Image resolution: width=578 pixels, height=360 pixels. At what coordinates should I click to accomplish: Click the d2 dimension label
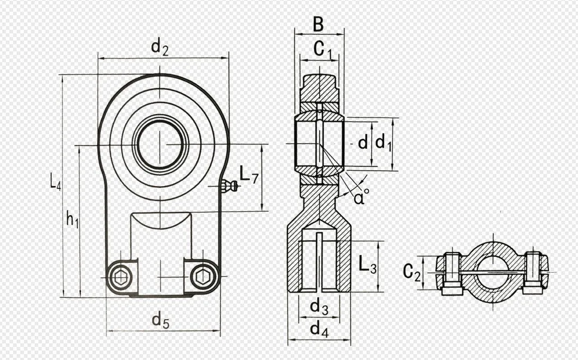tap(159, 48)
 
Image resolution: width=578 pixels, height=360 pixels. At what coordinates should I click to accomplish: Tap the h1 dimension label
tap(73, 219)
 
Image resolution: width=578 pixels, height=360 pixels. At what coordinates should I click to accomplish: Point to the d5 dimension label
tap(160, 322)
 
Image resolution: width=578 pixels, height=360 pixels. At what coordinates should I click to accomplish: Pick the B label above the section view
tap(318, 25)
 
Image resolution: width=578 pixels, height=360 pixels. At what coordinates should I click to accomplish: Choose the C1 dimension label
tap(323, 50)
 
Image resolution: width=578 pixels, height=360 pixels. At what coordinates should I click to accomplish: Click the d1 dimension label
tap(384, 143)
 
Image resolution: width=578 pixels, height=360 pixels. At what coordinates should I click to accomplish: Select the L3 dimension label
tap(367, 267)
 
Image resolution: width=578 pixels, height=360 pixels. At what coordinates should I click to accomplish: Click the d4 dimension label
tap(319, 329)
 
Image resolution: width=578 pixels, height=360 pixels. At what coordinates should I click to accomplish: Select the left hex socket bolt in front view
tap(120, 277)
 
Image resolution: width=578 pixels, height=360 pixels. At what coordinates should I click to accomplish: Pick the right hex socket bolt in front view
tap(202, 277)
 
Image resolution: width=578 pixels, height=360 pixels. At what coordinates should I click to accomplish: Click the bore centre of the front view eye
tap(160, 144)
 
